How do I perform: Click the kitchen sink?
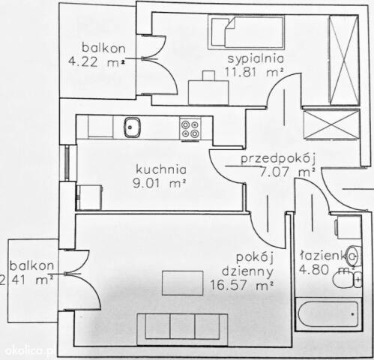pos(133,127)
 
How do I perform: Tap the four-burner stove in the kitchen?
pos(190,129)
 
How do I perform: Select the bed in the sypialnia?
pos(247,32)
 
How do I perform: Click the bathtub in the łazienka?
pos(328,314)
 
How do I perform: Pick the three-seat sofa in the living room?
pos(182,330)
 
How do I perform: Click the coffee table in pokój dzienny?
pos(182,283)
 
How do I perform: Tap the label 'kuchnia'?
pos(161,169)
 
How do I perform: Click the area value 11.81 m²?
pos(254,72)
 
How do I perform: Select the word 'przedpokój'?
pos(277,159)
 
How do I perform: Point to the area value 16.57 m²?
pos(241,285)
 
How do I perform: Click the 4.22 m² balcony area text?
pos(97,61)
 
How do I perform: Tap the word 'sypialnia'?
pos(256,59)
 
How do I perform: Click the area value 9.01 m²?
pos(160,184)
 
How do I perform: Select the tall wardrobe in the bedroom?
pos(344,60)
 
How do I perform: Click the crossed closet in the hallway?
pos(331,124)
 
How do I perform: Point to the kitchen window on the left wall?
pos(67,163)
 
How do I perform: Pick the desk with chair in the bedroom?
pos(208,88)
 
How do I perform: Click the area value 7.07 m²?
pos(287,172)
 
